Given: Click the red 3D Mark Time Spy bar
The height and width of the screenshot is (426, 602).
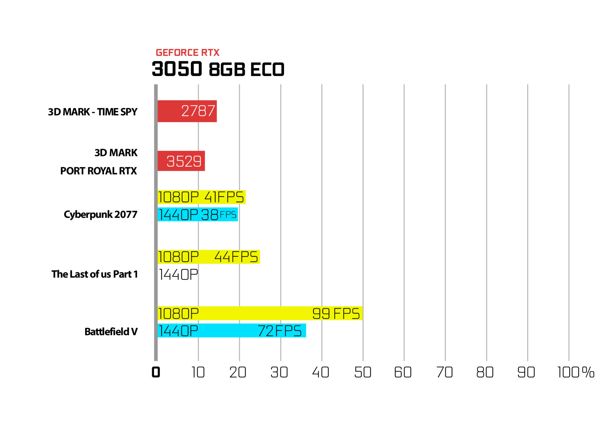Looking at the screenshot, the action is pos(187,111).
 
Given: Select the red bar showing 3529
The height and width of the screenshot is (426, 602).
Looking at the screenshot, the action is pos(181,161).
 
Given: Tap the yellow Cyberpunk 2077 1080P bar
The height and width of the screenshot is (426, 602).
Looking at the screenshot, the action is pos(201,197).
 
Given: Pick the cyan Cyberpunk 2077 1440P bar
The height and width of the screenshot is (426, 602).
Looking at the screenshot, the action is pos(198,214).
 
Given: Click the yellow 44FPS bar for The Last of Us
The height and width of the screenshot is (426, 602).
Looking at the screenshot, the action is pos(209,257).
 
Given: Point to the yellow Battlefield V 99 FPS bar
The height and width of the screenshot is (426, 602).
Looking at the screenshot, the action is pos(260,313).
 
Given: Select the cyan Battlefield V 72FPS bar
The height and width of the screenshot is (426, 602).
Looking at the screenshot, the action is pos(232,330).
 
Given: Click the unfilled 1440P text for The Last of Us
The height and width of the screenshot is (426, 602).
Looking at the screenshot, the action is pos(178,274).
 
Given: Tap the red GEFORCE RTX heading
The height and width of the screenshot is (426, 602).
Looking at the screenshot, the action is pos(188,52).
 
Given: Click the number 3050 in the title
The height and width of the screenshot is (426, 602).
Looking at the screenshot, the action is pos(177,69).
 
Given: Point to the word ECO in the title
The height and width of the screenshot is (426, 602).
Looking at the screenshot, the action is pos(267,69).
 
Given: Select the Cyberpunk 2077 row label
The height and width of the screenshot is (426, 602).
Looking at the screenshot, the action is pos(101,215).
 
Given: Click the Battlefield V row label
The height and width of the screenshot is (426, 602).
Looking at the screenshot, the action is pos(111,331).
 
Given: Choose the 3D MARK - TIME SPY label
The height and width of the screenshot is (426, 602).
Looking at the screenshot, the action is pos(93,112).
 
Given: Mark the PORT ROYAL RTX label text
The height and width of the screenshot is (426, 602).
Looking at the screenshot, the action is pos(98,171).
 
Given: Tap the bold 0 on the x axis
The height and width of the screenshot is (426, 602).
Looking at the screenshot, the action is pos(156,372).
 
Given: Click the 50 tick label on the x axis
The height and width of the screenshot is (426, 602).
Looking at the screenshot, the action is pos(363,372).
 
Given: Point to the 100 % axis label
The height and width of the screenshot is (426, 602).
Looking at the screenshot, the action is pos(576,372).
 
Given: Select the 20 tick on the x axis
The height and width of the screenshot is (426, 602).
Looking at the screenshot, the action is pos(238,372).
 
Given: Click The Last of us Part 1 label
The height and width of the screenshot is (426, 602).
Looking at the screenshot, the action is pos(95,274).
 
